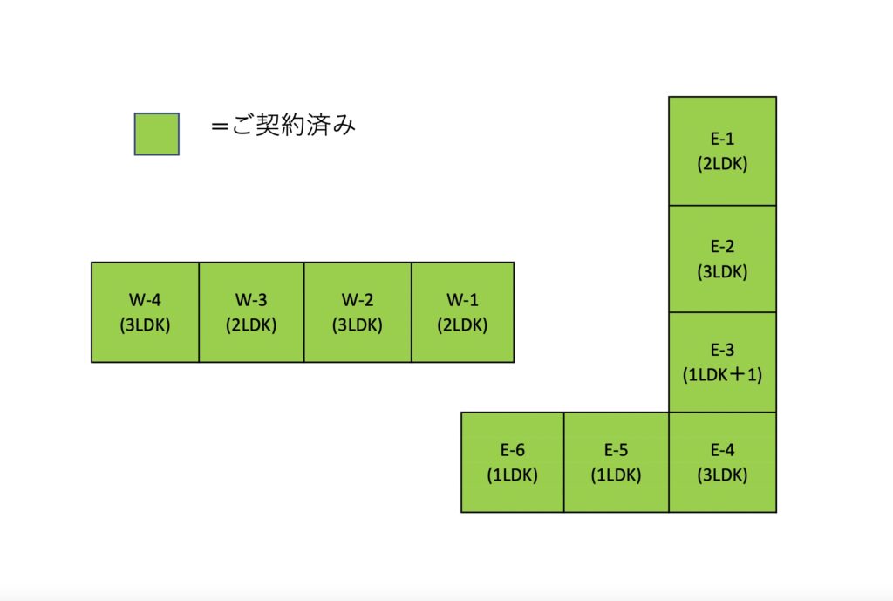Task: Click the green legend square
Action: tap(157, 134)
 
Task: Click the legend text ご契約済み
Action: tap(283, 126)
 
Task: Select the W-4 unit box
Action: tap(145, 312)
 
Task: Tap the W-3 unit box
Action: tap(251, 312)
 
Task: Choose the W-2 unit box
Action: tap(358, 312)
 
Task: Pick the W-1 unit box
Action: tap(462, 312)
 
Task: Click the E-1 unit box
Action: tap(722, 151)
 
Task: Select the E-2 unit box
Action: tap(722, 259)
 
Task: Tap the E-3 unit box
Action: tap(722, 362)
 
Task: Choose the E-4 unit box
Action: tap(722, 462)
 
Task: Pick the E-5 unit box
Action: tap(616, 462)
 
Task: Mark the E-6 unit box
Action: tap(513, 462)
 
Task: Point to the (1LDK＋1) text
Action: tap(722, 374)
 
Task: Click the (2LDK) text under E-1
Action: tap(722, 163)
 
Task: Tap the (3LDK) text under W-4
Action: tap(145, 324)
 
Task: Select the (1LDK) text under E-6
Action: tap(513, 475)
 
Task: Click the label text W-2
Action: tap(358, 300)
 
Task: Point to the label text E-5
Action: tap(616, 450)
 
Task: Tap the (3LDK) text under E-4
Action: tap(722, 475)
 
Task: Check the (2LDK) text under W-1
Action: tap(462, 324)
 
